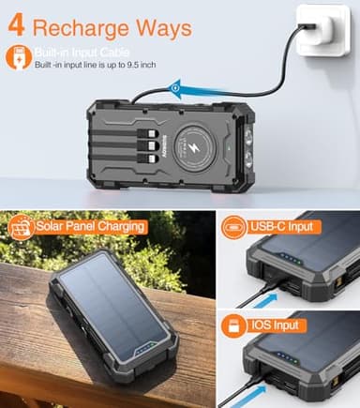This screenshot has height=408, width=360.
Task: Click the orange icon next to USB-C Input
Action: pos(235,226)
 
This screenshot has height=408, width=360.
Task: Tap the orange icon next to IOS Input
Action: pos(235,325)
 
